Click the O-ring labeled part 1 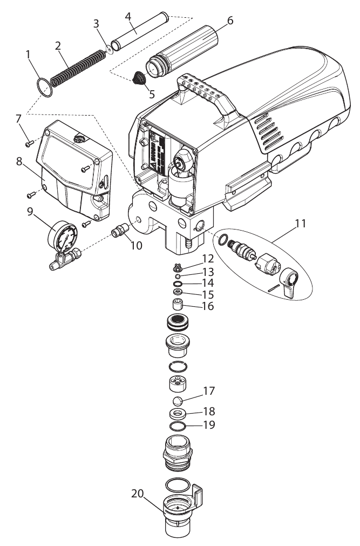pos(44,87)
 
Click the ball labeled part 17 pos(176,401)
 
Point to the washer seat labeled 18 pos(177,414)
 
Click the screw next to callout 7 pos(29,143)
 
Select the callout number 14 pos(208,282)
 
